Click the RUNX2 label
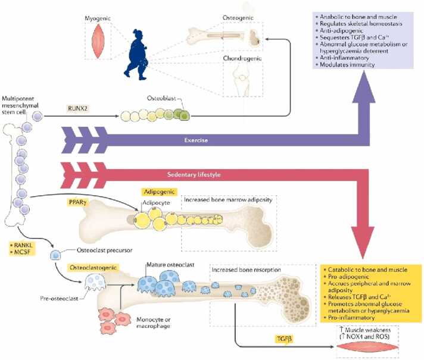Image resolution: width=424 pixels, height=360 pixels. tap(78, 108)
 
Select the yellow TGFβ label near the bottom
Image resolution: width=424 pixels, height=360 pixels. tap(284, 339)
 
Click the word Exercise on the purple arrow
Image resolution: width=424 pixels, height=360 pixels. tap(196, 140)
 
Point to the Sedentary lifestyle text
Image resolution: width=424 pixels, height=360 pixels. tap(194, 174)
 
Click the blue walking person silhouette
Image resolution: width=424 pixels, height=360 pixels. tap(136, 55)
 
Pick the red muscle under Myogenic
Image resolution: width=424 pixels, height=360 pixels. tap(98, 41)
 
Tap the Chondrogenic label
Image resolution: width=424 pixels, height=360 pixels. tap(242, 58)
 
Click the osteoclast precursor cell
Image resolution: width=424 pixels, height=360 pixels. tap(56, 255)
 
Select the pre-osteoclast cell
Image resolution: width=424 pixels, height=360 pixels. tap(95, 283)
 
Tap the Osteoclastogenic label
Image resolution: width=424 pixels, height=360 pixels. tap(93, 268)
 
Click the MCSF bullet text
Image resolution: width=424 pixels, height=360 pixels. tap(20, 252)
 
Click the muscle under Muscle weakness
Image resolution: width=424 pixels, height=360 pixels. tap(367, 347)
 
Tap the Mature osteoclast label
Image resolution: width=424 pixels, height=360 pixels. tap(170, 265)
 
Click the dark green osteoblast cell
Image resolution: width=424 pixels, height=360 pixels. tap(184, 115)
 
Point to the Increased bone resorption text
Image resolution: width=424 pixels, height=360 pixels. tap(246, 270)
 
